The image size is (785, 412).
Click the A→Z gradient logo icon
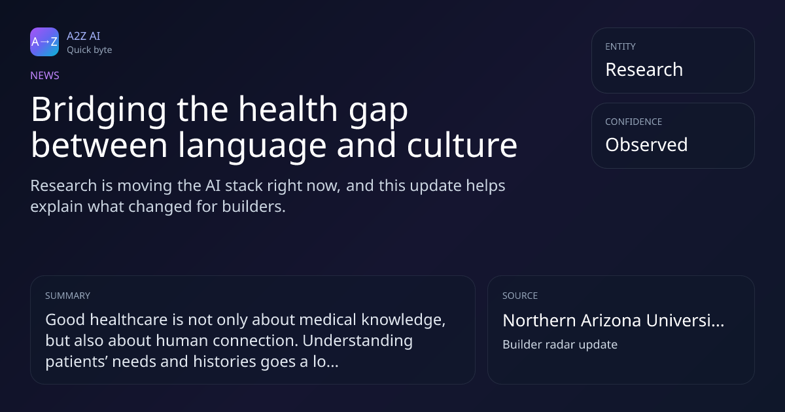pyautogui.click(x=44, y=42)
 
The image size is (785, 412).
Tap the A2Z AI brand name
pyautogui.click(x=84, y=36)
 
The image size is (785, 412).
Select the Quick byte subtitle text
pyautogui.click(x=90, y=50)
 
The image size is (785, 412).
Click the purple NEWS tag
pyautogui.click(x=45, y=75)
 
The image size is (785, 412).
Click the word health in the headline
pyautogui.click(x=288, y=109)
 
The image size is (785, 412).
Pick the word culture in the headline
pyautogui.click(x=462, y=145)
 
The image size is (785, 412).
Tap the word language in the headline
pyautogui.click(x=253, y=147)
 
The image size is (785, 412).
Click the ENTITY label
pyautogui.click(x=620, y=46)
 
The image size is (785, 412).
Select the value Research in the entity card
pyautogui.click(x=644, y=69)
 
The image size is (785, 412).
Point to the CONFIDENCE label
pyautogui.click(x=634, y=122)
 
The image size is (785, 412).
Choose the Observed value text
pyautogui.click(x=646, y=145)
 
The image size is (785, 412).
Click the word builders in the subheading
pyautogui.click(x=254, y=207)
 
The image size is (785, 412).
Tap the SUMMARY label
pyautogui.click(x=67, y=296)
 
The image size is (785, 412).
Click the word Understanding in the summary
pyautogui.click(x=357, y=341)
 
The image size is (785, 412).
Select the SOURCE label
pyautogui.click(x=520, y=296)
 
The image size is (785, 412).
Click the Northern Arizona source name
pyautogui.click(x=614, y=320)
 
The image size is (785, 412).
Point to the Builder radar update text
pyautogui.click(x=560, y=345)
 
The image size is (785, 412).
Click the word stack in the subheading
pyautogui.click(x=244, y=186)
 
